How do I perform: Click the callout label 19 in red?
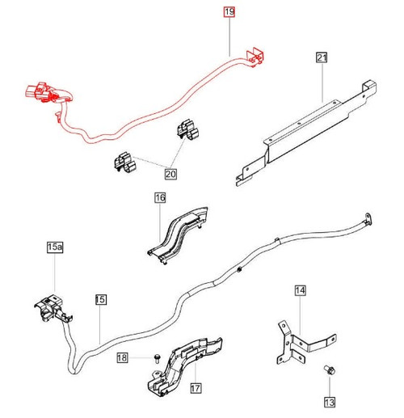(229, 12)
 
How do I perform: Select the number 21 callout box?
(322, 58)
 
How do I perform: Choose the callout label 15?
(100, 300)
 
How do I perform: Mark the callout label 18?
(121, 357)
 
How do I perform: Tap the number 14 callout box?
(300, 289)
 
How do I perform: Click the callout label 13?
(330, 401)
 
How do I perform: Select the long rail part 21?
(307, 129)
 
